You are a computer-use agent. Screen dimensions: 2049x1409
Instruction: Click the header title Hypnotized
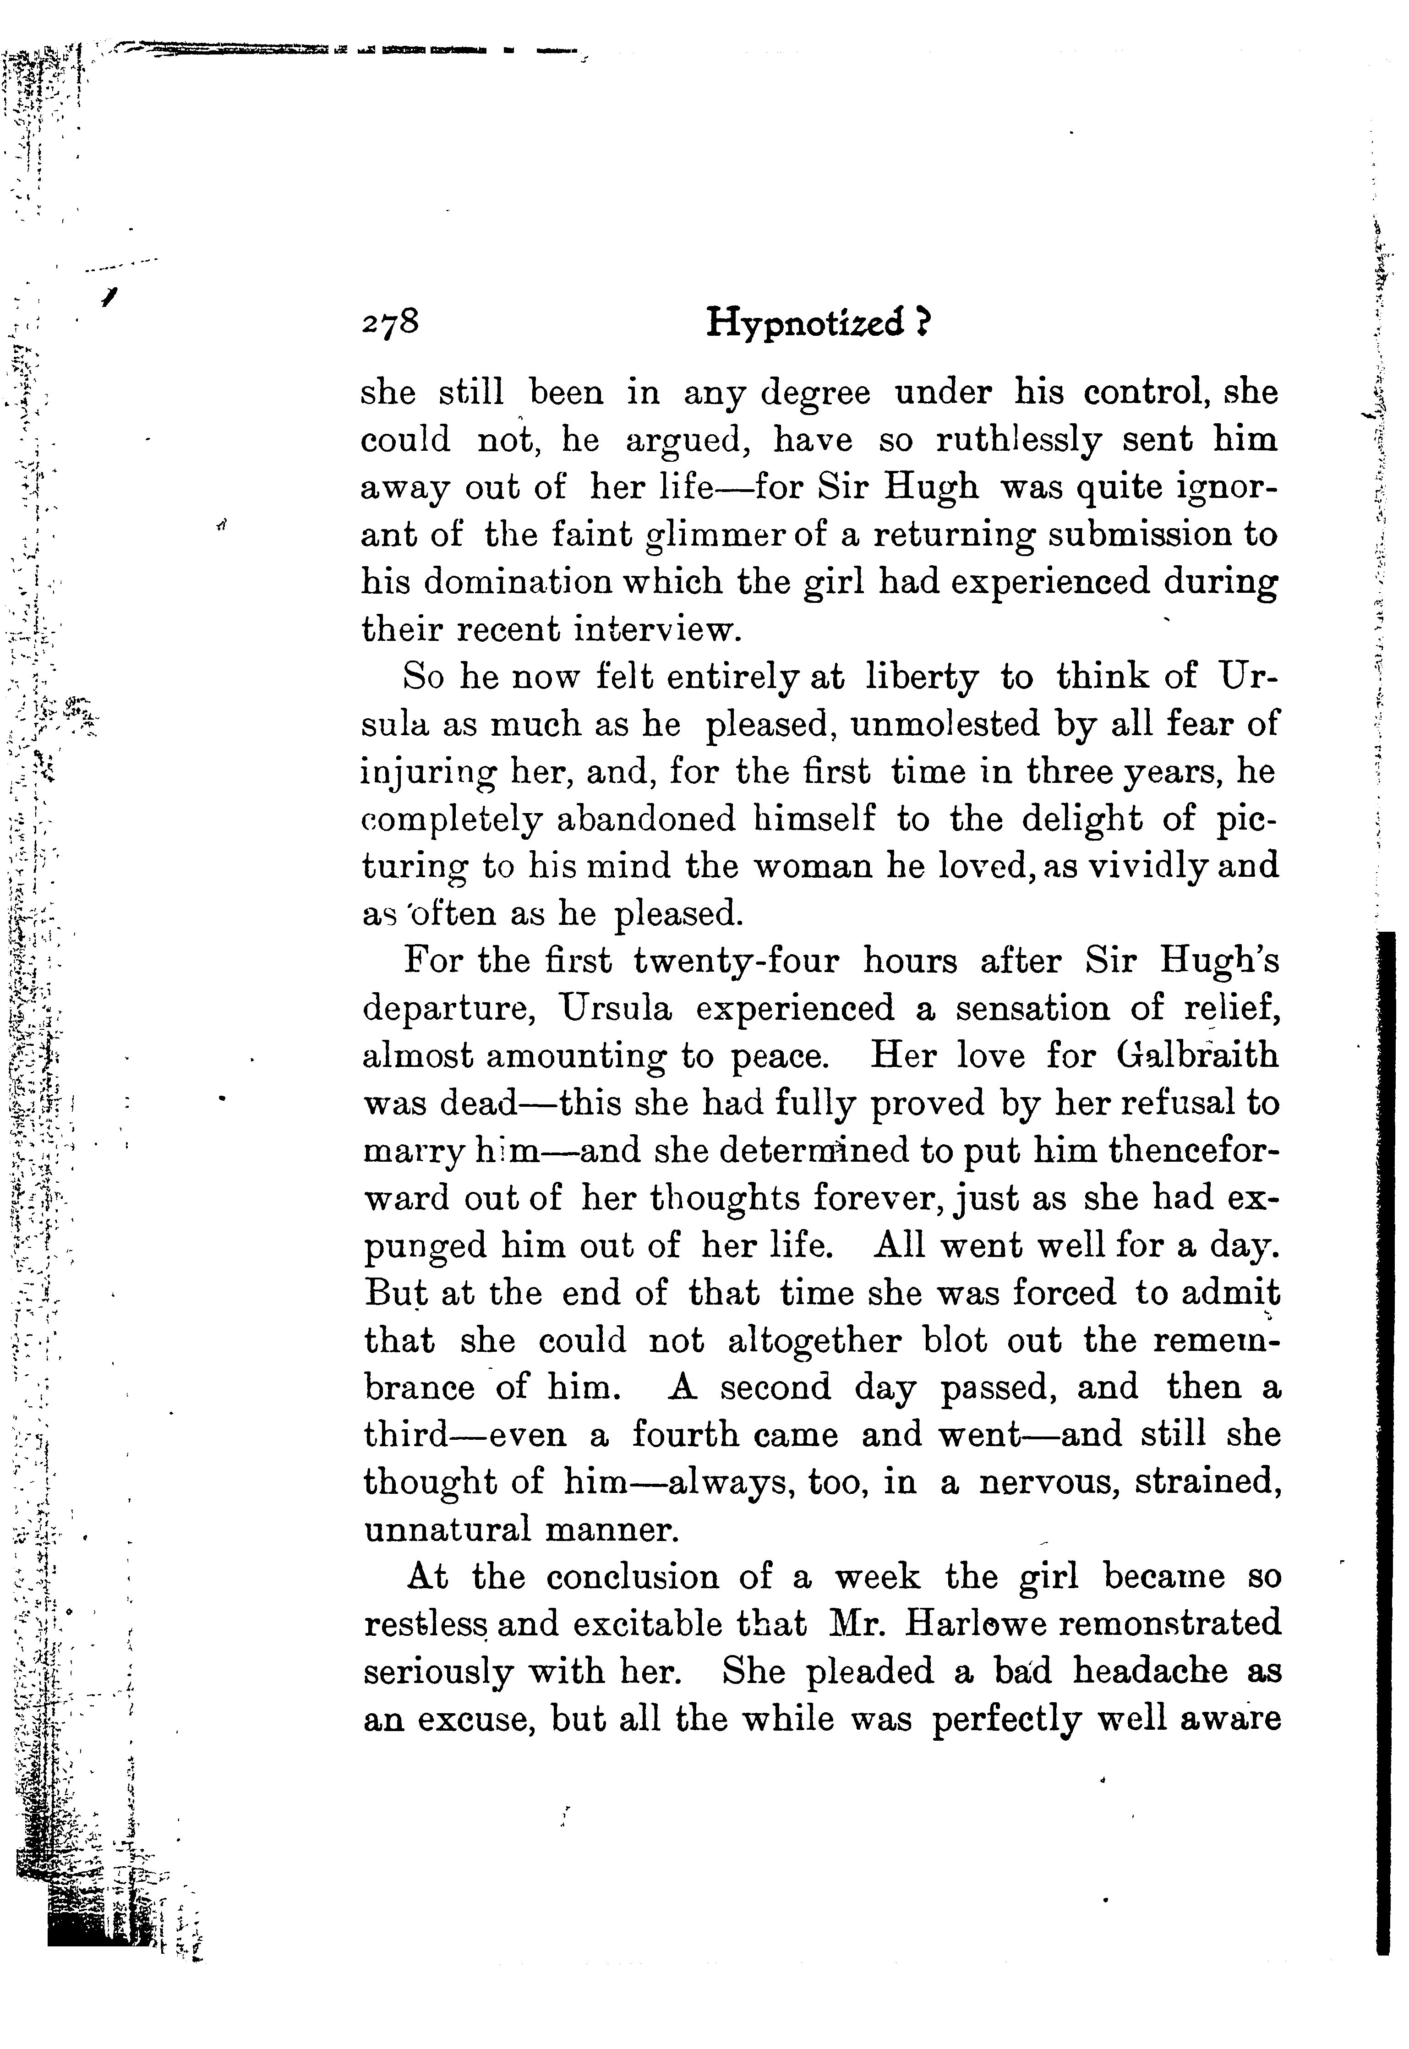(x=805, y=324)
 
